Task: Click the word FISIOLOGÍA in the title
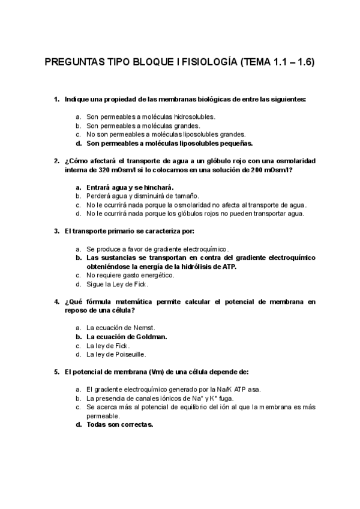click(208, 62)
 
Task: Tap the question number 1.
click(56, 99)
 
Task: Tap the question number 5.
click(56, 372)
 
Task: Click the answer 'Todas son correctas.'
click(120, 424)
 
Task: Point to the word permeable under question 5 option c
click(103, 415)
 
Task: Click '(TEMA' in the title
click(257, 62)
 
